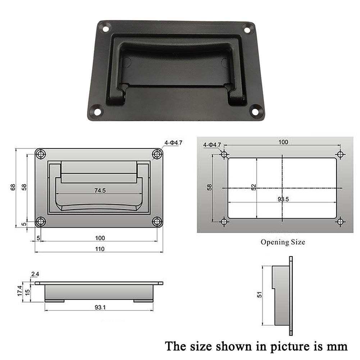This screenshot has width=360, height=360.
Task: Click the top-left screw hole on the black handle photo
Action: tap(105, 27)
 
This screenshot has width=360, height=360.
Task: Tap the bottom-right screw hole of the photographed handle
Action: tap(255, 111)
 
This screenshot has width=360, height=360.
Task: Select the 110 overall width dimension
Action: tap(100, 249)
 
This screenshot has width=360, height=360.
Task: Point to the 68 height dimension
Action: tap(13, 187)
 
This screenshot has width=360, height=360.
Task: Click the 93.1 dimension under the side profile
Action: tap(100, 307)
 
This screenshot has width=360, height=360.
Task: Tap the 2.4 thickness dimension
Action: tap(35, 274)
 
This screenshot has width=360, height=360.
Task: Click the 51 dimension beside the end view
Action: tap(260, 295)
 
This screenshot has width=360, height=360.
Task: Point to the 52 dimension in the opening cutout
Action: tap(254, 187)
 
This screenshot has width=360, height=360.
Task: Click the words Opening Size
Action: tap(283, 242)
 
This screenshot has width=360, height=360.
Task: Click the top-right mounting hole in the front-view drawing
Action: tap(157, 154)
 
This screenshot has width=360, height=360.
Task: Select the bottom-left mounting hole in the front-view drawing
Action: tap(41, 222)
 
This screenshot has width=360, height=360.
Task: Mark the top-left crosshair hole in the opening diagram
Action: tap(224, 155)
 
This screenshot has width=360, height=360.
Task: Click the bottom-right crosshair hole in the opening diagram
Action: tap(340, 222)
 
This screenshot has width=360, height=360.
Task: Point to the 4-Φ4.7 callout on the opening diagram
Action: tap(212, 145)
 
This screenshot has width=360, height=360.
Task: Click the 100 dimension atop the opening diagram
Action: tap(283, 142)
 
